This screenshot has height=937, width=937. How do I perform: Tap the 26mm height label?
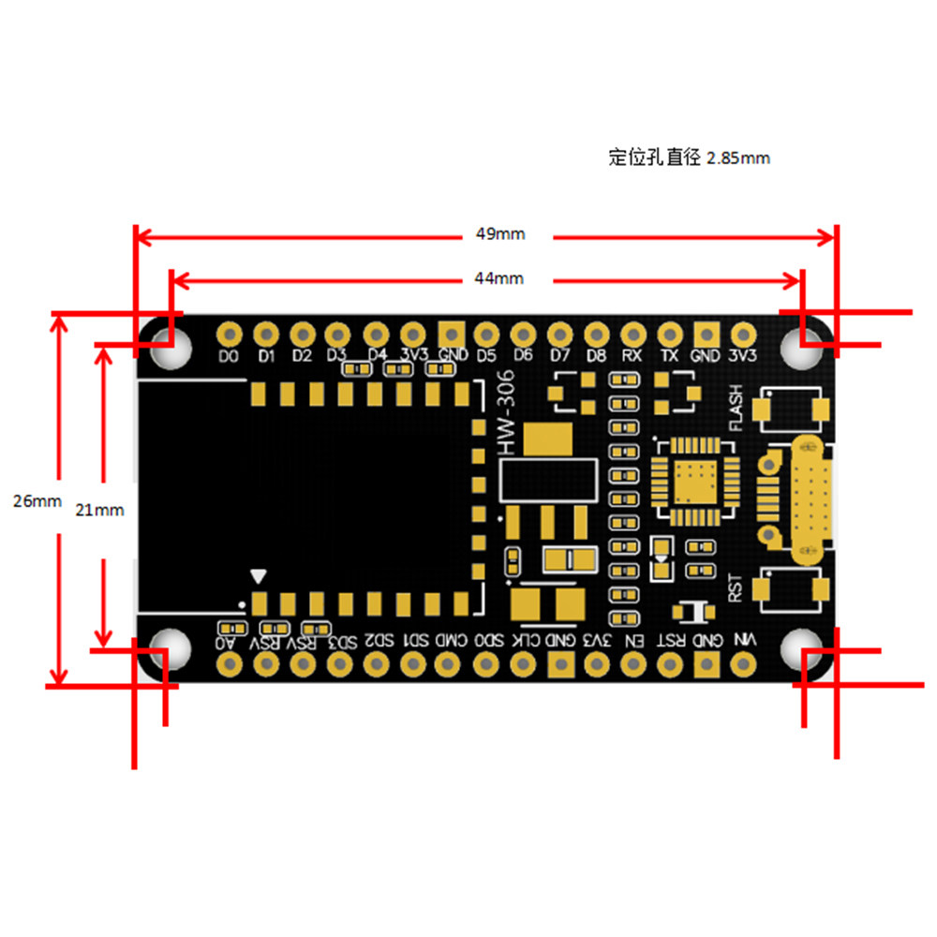37,500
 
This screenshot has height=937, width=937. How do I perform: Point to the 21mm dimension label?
99,511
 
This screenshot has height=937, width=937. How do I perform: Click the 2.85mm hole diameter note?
690,157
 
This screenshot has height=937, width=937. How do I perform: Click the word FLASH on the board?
736,407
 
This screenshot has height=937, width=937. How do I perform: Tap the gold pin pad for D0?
229,334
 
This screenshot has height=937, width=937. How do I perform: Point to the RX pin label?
632,356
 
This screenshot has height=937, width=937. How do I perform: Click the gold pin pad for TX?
670,334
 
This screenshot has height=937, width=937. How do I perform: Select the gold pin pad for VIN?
744,664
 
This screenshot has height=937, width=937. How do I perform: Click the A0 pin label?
226,642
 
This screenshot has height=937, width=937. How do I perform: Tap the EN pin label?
634,641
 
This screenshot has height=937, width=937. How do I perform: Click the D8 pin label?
596,356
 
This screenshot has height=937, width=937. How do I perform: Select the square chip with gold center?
692,481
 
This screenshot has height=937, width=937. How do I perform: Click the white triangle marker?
259,576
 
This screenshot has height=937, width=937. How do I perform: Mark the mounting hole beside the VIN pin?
802,649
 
